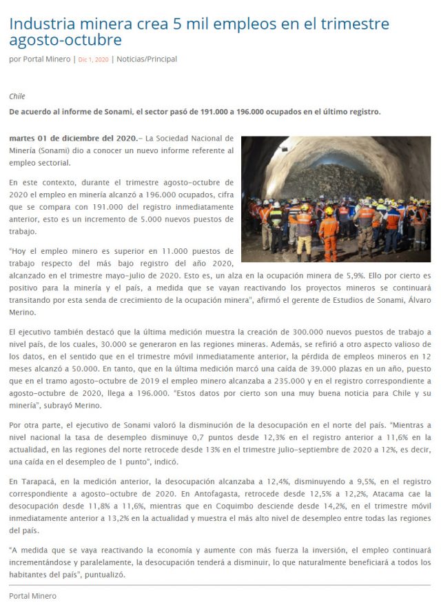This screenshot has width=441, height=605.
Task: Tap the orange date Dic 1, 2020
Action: pyautogui.click(x=94, y=59)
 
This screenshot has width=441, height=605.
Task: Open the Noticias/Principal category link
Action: pyautogui.click(x=147, y=59)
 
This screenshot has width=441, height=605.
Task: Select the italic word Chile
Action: pyautogui.click(x=17, y=97)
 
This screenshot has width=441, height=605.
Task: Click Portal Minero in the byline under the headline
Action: pyautogui.click(x=45, y=59)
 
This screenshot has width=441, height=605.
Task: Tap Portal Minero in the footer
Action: pyautogui.click(x=32, y=595)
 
